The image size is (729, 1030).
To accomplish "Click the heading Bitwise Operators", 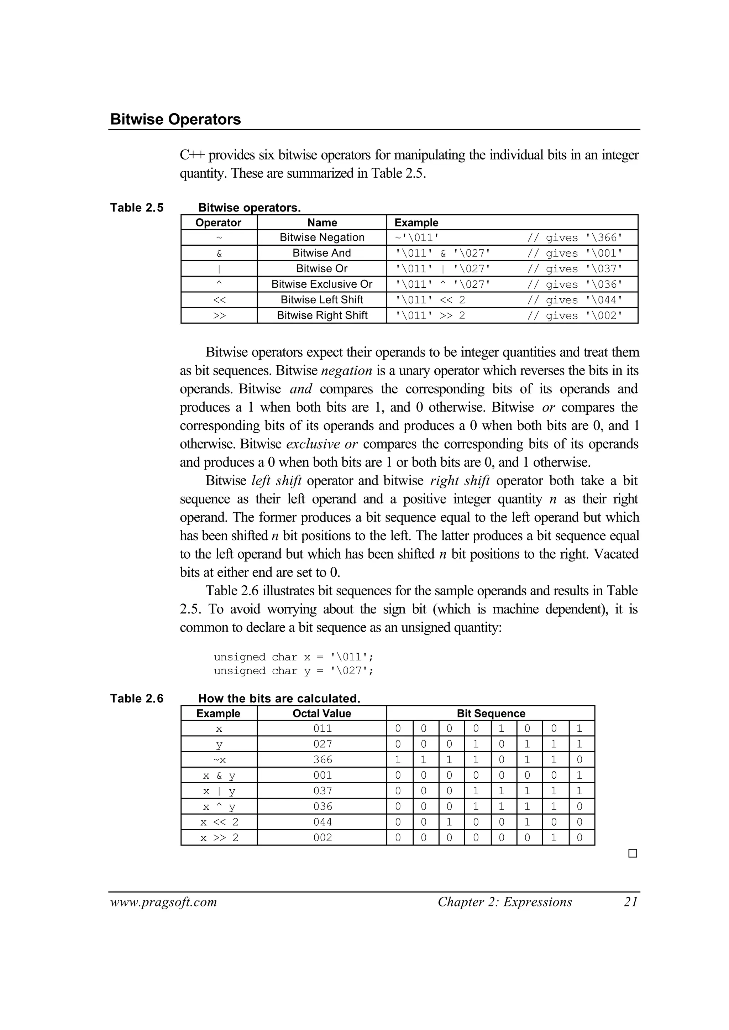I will click(175, 119).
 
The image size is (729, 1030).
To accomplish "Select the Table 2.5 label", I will click(137, 208).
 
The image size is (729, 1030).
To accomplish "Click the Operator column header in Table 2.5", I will click(219, 223).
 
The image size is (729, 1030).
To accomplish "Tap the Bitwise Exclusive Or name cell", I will click(322, 284).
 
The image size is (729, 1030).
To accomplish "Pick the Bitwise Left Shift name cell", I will click(322, 299).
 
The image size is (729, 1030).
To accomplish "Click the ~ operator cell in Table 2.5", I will click(219, 237).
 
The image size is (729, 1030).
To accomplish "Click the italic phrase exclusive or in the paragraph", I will click(322, 444).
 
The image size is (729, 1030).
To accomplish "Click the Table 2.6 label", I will click(137, 698).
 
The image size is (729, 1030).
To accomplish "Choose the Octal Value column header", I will click(322, 713).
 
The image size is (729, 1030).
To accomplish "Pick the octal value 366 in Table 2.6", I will click(322, 760).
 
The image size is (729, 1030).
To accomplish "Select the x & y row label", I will click(219, 775).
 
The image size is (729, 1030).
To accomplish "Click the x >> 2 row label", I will click(219, 837).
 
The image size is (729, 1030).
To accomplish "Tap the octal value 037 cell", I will click(322, 791).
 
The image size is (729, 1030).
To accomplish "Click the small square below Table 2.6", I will click(633, 853).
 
